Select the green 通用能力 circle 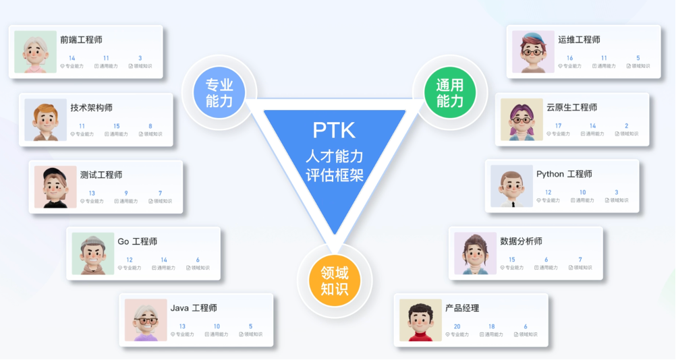[449, 93]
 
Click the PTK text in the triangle [333, 130]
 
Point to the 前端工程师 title [81, 40]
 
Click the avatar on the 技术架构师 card [45, 120]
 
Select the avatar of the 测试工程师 [55, 187]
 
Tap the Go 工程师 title [138, 241]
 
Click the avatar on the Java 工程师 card [146, 320]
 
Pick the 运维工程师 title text [579, 40]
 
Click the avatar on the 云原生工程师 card [522, 120]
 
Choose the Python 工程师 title [564, 174]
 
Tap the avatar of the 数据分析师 [475, 254]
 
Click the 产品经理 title [462, 308]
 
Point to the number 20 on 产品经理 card [457, 327]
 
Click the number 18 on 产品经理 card [491, 327]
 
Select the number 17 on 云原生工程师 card [558, 126]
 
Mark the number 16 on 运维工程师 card [569, 59]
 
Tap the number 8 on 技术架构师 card [150, 126]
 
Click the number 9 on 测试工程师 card [125, 193]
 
